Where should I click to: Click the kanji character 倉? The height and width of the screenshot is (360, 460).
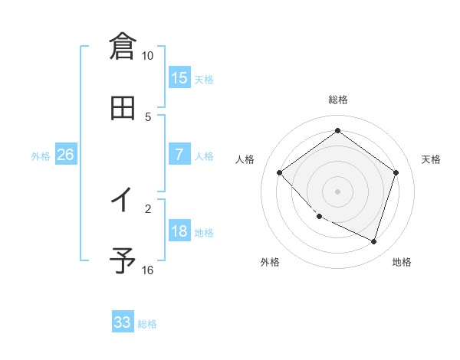click(x=123, y=46)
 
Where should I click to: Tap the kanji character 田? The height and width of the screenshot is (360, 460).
click(x=123, y=109)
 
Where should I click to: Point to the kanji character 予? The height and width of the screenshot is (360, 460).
click(x=123, y=261)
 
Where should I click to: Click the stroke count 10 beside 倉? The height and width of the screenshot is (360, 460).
click(x=147, y=56)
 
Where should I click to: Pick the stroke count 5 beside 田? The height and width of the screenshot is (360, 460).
click(x=149, y=116)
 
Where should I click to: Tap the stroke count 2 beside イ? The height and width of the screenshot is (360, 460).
click(x=149, y=207)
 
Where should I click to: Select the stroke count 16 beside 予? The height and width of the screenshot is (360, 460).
click(x=147, y=270)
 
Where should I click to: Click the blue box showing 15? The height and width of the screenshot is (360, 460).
click(x=179, y=78)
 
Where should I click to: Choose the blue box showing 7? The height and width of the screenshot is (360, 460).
click(x=179, y=155)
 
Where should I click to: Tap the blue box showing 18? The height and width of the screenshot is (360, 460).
click(x=179, y=231)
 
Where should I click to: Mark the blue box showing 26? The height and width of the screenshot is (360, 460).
click(x=66, y=155)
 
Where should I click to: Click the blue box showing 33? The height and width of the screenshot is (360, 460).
click(x=123, y=322)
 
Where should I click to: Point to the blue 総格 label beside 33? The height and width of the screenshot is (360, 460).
click(x=147, y=324)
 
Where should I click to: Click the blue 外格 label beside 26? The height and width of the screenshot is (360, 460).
click(x=41, y=156)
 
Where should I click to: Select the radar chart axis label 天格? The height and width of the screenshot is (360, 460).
click(x=432, y=159)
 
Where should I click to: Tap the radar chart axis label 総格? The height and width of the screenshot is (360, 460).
click(x=338, y=100)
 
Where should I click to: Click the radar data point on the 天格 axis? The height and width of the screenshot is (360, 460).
click(x=396, y=172)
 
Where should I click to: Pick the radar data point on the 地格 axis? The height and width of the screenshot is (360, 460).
click(x=374, y=242)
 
